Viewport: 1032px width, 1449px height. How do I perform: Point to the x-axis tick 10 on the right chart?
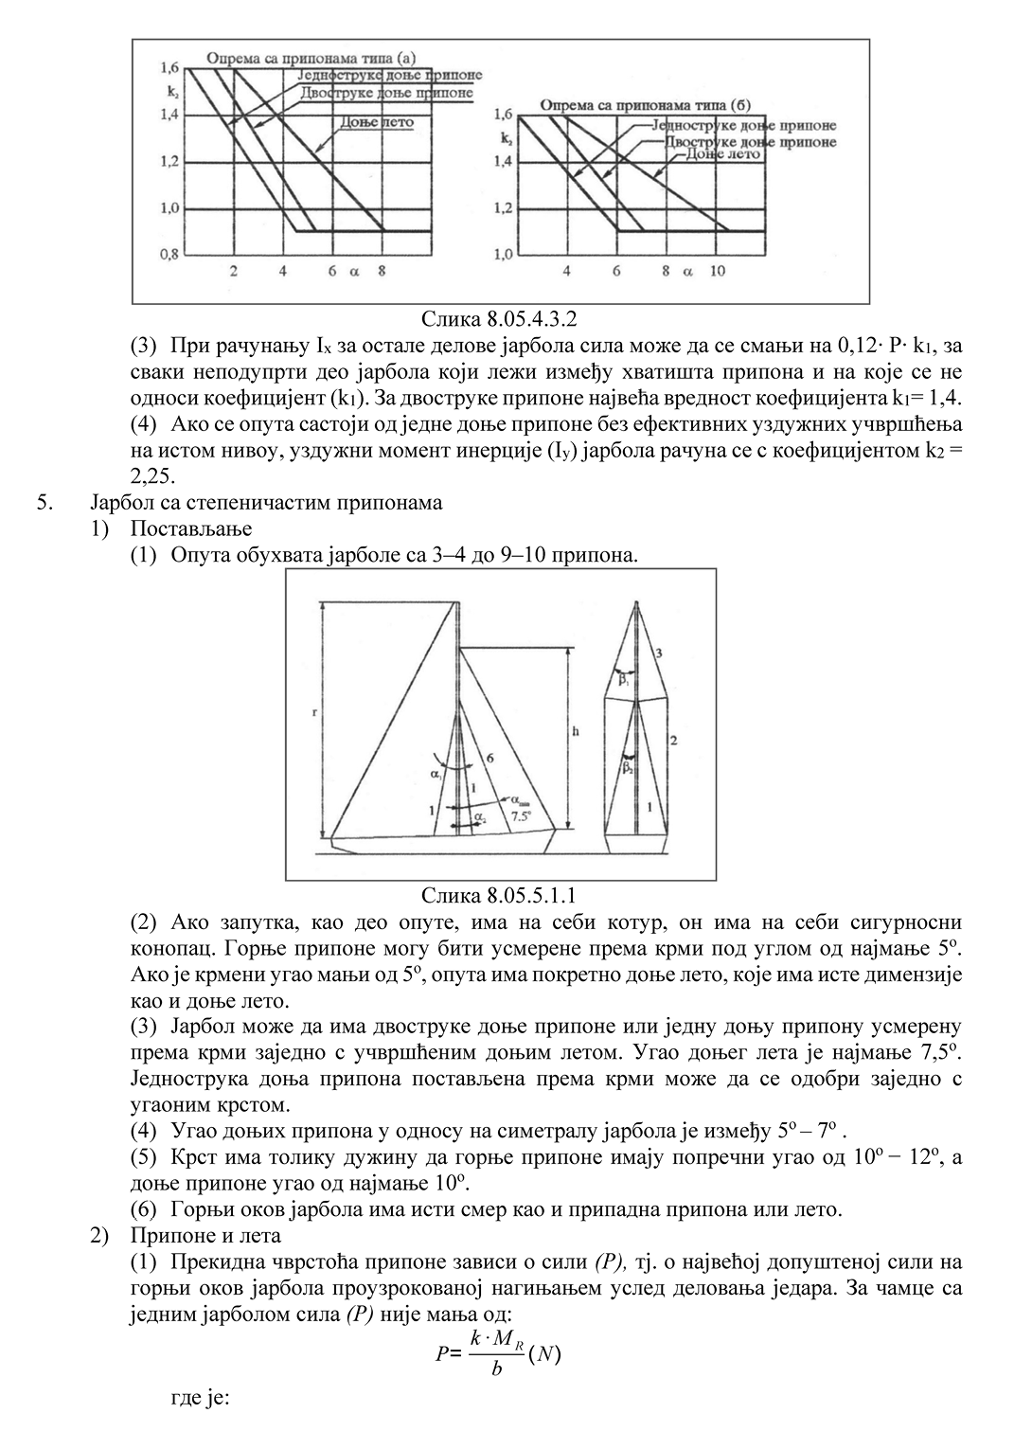(718, 271)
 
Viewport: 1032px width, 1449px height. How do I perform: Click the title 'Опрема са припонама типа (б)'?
(645, 105)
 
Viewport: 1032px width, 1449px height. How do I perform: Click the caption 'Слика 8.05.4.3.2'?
(499, 318)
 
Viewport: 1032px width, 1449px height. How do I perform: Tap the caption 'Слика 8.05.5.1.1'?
(499, 894)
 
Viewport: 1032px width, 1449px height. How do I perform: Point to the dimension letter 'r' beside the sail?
(314, 715)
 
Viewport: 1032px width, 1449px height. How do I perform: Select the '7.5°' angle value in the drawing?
(521, 814)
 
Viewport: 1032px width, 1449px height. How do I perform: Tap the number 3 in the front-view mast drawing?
(659, 653)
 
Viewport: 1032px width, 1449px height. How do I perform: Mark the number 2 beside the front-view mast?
(672, 738)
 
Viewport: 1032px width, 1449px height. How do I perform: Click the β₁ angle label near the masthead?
(624, 679)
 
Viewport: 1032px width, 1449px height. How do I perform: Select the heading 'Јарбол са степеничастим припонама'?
(267, 502)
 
